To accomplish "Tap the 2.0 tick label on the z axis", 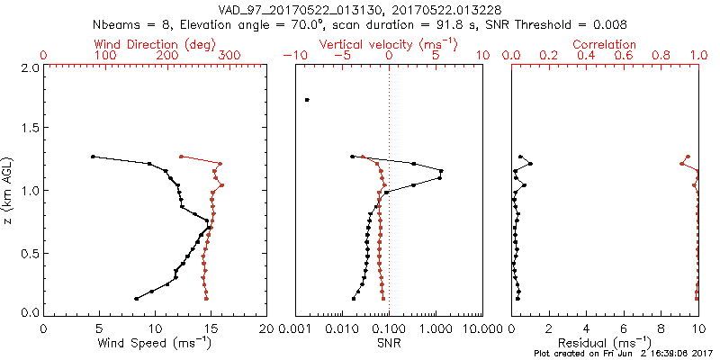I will coord(29,67).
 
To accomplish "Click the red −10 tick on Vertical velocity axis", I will coord(293,56).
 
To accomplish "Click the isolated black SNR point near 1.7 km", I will coord(307,100).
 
